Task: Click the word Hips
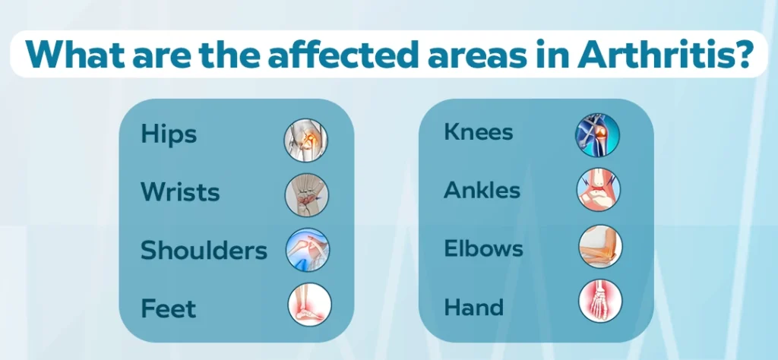click(169, 134)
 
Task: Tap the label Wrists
click(180, 192)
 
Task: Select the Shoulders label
click(204, 250)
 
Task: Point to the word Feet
click(168, 308)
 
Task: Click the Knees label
click(479, 132)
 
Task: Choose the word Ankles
click(482, 190)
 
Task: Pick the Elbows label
click(483, 248)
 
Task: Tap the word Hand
click(473, 307)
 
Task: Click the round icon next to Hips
click(306, 141)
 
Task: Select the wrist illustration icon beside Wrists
click(307, 195)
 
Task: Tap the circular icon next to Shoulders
click(308, 249)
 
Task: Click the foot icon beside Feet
click(310, 305)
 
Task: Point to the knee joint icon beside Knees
click(597, 135)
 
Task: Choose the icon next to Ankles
click(599, 190)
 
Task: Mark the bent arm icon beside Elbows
click(600, 246)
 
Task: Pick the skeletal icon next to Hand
click(600, 301)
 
